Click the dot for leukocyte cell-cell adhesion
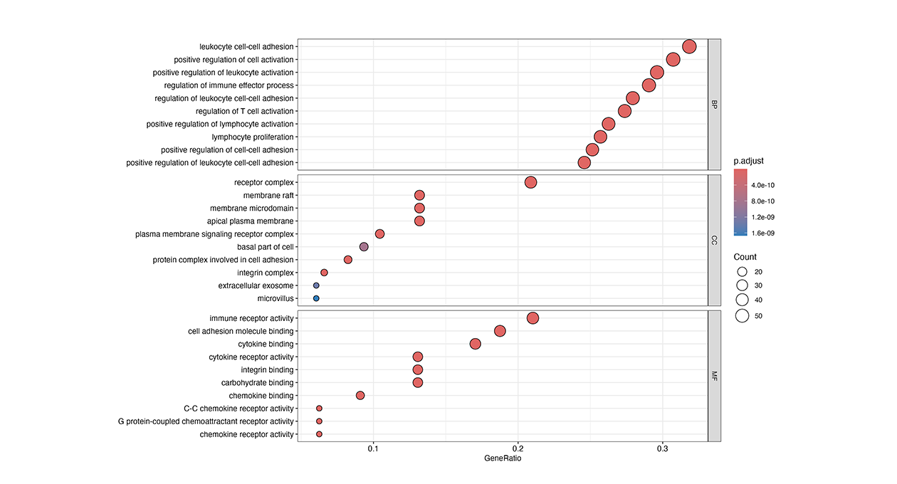tap(689, 47)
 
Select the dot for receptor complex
tap(530, 182)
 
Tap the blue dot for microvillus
tap(316, 298)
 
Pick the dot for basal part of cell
tap(364, 247)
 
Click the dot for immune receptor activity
tap(533, 318)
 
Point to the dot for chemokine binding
tap(360, 396)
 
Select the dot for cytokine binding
tap(476, 344)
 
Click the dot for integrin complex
tap(324, 273)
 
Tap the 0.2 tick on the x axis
tap(518, 448)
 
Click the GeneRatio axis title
tap(503, 459)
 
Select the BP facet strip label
tap(715, 105)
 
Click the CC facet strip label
tap(715, 241)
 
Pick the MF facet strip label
tap(715, 376)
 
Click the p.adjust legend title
tap(749, 162)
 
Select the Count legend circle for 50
tap(742, 316)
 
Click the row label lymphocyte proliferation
tap(253, 137)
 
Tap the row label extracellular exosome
tap(256, 285)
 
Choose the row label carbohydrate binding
tap(258, 383)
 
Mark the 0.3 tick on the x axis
tap(663, 448)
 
